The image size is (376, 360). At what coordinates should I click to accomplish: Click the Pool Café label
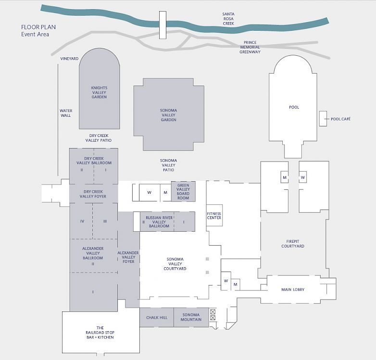pyautogui.click(x=340, y=119)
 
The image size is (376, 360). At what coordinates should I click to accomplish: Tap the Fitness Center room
pyautogui.click(x=214, y=215)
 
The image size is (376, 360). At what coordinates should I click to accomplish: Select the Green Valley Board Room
pyautogui.click(x=183, y=191)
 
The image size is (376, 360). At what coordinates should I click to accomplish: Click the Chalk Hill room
pyautogui.click(x=156, y=317)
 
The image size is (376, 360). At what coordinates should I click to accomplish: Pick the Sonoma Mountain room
pyautogui.click(x=191, y=317)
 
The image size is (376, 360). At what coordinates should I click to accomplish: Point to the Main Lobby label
pyautogui.click(x=293, y=289)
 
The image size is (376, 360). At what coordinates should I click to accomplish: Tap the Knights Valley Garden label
pyautogui.click(x=99, y=92)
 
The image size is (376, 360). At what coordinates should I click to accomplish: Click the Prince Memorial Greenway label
pyautogui.click(x=250, y=47)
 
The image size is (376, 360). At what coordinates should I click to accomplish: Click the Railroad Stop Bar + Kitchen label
pyautogui.click(x=100, y=333)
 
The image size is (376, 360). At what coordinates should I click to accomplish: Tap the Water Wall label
pyautogui.click(x=65, y=113)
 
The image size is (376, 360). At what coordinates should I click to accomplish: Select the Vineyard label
pyautogui.click(x=69, y=59)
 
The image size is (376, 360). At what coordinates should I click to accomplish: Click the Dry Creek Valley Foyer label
pyautogui.click(x=93, y=194)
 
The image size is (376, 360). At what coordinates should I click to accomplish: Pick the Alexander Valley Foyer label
pyautogui.click(x=128, y=258)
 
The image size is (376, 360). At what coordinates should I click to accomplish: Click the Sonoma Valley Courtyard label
pyautogui.click(x=176, y=264)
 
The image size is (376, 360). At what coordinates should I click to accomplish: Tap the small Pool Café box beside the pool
pyautogui.click(x=322, y=119)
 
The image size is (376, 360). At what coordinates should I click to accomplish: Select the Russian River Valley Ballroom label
pyautogui.click(x=159, y=222)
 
